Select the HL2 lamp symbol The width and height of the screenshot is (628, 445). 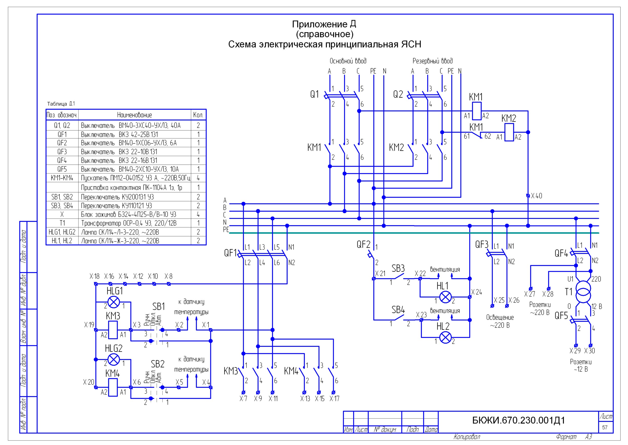tap(445, 337)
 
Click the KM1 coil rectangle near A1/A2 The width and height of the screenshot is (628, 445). tap(477, 111)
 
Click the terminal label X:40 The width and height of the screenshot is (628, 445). tap(536, 196)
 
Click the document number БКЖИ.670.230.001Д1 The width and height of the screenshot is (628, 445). tap(518, 420)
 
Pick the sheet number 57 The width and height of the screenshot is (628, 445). tap(605, 427)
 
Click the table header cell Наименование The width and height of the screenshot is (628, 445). tap(134, 115)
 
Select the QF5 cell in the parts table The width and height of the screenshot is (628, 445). tap(62, 169)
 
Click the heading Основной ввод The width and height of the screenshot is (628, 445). tap(348, 61)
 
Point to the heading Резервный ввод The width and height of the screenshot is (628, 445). tap(433, 61)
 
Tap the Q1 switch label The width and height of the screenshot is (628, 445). tap(314, 94)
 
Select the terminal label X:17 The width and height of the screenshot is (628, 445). tap(334, 398)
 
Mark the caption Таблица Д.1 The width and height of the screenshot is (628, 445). tap(61, 104)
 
